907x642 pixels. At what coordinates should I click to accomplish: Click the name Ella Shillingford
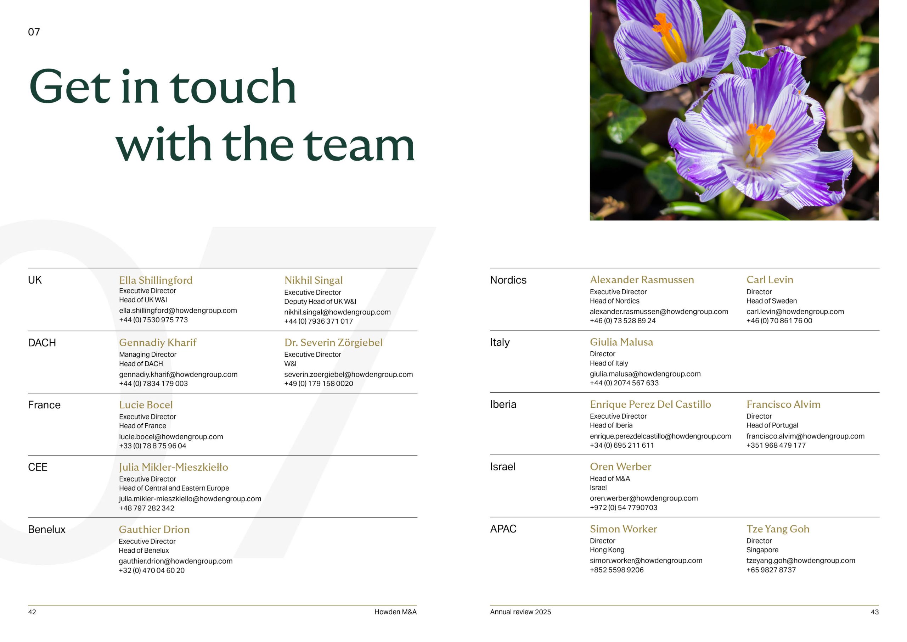pos(156,280)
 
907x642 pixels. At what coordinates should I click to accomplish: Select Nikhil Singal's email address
pos(337,312)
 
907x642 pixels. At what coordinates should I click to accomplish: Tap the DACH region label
pos(42,343)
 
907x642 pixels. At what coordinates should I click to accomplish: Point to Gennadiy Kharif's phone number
pos(153,384)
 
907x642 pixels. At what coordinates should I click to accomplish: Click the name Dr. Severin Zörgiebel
pos(333,342)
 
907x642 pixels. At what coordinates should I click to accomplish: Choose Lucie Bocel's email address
pos(171,437)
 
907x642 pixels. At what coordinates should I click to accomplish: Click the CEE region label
pos(38,467)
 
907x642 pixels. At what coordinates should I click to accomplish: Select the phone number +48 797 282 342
pos(147,508)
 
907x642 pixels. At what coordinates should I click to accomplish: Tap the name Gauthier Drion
pos(154,529)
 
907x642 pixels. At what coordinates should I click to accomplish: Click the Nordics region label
pos(508,280)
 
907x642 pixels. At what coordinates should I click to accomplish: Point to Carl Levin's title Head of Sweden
pos(772,301)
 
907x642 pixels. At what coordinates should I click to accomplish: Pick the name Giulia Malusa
pos(621,342)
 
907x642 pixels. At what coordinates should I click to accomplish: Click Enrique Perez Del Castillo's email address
pos(660,436)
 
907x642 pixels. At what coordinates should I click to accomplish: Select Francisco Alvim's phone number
pos(776,445)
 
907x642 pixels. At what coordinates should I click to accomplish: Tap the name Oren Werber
pos(620,467)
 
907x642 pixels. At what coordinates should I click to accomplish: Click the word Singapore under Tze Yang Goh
pos(762,550)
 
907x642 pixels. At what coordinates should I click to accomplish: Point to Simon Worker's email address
pos(646,560)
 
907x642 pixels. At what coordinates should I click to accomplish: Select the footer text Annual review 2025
pos(520,612)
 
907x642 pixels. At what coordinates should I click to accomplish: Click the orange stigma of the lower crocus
pos(760,138)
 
